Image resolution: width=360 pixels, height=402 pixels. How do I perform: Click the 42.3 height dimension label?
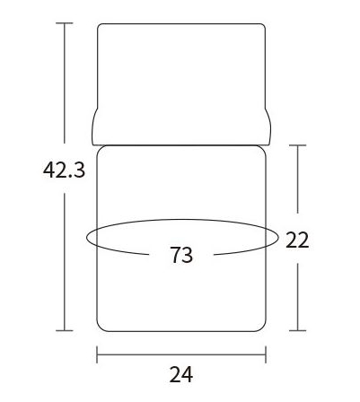(x=64, y=170)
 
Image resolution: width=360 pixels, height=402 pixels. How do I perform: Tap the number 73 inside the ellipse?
(x=181, y=256)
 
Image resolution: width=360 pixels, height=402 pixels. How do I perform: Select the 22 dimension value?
(x=297, y=240)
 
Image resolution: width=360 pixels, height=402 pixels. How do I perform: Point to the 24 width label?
(x=181, y=375)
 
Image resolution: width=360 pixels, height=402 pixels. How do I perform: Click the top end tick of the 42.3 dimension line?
(x=65, y=22)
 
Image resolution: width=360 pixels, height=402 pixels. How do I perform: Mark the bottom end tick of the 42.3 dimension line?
(x=65, y=330)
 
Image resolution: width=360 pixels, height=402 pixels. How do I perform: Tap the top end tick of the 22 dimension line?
(x=297, y=144)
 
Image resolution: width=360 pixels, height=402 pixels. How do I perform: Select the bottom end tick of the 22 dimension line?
(x=297, y=330)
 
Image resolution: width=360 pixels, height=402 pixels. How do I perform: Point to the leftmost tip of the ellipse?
(x=86, y=238)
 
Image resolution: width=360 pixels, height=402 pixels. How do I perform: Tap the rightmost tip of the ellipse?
(x=278, y=238)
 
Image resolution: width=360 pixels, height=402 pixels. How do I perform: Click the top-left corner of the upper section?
(x=99, y=25)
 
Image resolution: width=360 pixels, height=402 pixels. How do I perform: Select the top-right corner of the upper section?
(x=264, y=25)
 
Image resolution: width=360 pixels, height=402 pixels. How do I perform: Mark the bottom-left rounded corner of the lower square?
(x=100, y=326)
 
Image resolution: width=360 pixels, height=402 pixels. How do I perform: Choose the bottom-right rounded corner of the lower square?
(x=263, y=326)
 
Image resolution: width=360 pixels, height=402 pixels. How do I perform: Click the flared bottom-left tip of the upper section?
(x=92, y=135)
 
